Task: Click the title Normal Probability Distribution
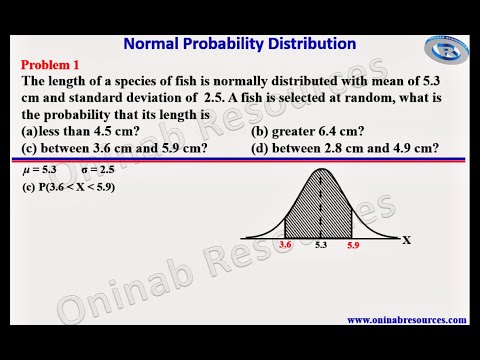(239, 43)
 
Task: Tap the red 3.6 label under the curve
(285, 243)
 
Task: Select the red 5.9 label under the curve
(352, 243)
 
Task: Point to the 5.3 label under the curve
(320, 243)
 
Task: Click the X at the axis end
(407, 240)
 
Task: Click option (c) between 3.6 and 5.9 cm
(115, 148)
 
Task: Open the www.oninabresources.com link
(406, 320)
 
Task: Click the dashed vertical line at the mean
(320, 205)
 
